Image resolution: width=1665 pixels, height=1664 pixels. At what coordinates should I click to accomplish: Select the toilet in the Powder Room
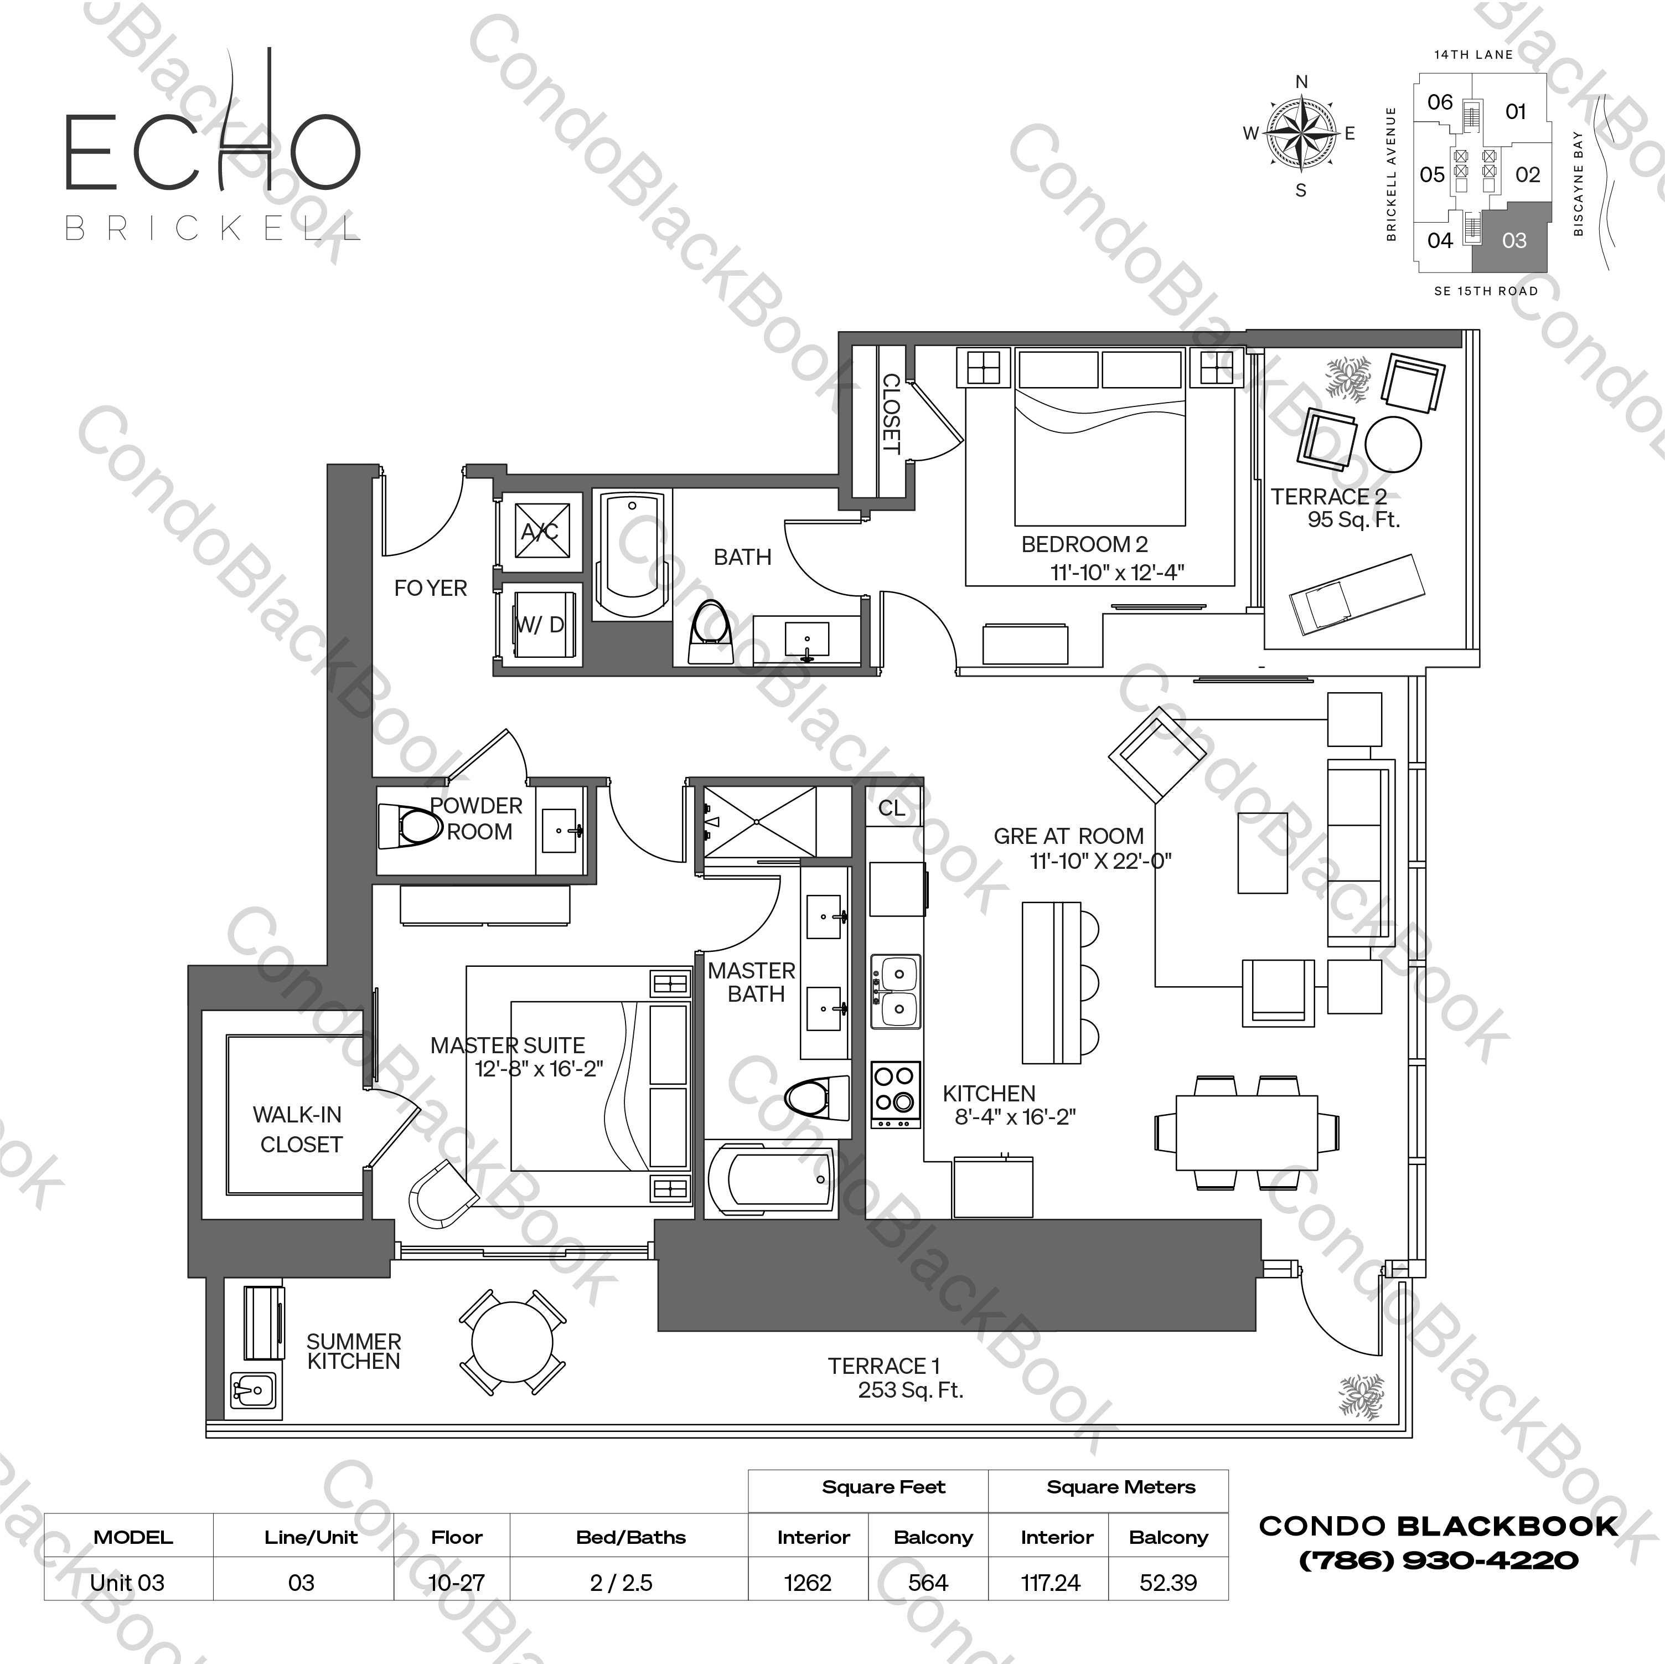tap(412, 827)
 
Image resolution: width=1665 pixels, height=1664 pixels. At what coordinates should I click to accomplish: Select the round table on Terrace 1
tap(512, 1342)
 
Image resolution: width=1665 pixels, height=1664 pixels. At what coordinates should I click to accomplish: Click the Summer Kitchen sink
tap(252, 1390)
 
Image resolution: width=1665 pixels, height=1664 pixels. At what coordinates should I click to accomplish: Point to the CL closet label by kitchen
tap(892, 808)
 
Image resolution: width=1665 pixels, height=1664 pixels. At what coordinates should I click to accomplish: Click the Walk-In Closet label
tap(298, 1130)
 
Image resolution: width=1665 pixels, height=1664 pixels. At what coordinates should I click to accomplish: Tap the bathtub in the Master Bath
tap(771, 1179)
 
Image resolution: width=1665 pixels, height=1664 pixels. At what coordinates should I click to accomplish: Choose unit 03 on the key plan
tap(1514, 240)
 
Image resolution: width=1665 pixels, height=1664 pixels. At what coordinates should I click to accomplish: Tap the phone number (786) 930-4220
tap(1439, 1560)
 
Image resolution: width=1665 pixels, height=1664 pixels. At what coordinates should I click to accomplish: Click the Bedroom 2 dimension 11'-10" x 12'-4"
tap(1117, 573)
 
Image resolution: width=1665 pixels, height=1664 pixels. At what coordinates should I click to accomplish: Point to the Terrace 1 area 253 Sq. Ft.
tap(910, 1390)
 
